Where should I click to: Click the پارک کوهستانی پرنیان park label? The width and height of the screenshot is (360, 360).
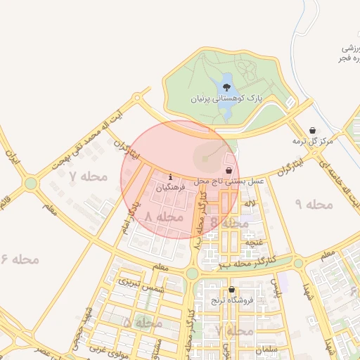tap(226, 100)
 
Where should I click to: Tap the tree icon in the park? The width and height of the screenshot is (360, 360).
tap(226, 87)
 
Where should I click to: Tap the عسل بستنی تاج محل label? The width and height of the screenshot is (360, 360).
tap(229, 181)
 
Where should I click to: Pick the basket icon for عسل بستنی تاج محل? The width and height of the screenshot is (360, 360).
tap(229, 170)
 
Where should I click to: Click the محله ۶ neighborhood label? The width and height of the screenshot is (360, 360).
tap(20, 259)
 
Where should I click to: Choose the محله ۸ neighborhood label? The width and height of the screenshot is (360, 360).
tap(163, 218)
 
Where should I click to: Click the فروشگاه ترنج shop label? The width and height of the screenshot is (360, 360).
tap(231, 301)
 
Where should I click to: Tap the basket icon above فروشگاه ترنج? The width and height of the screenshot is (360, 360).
tap(231, 289)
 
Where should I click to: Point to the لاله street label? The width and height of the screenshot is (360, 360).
tap(250, 203)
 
